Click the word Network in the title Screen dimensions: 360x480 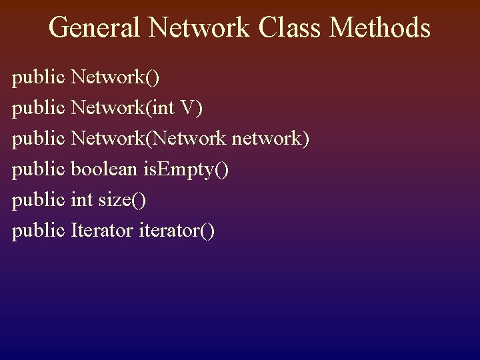199,28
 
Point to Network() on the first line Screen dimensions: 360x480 115,78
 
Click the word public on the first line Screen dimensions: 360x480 38,78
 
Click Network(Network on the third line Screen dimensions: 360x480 150,139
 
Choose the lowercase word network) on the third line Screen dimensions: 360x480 270,139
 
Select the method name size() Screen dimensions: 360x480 123,200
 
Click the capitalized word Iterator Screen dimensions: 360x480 102,231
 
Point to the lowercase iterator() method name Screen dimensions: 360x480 177,231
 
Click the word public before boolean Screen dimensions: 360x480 38,170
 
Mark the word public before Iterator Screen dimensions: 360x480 38,231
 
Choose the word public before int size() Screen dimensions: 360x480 38,200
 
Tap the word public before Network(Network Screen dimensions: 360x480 38,139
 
